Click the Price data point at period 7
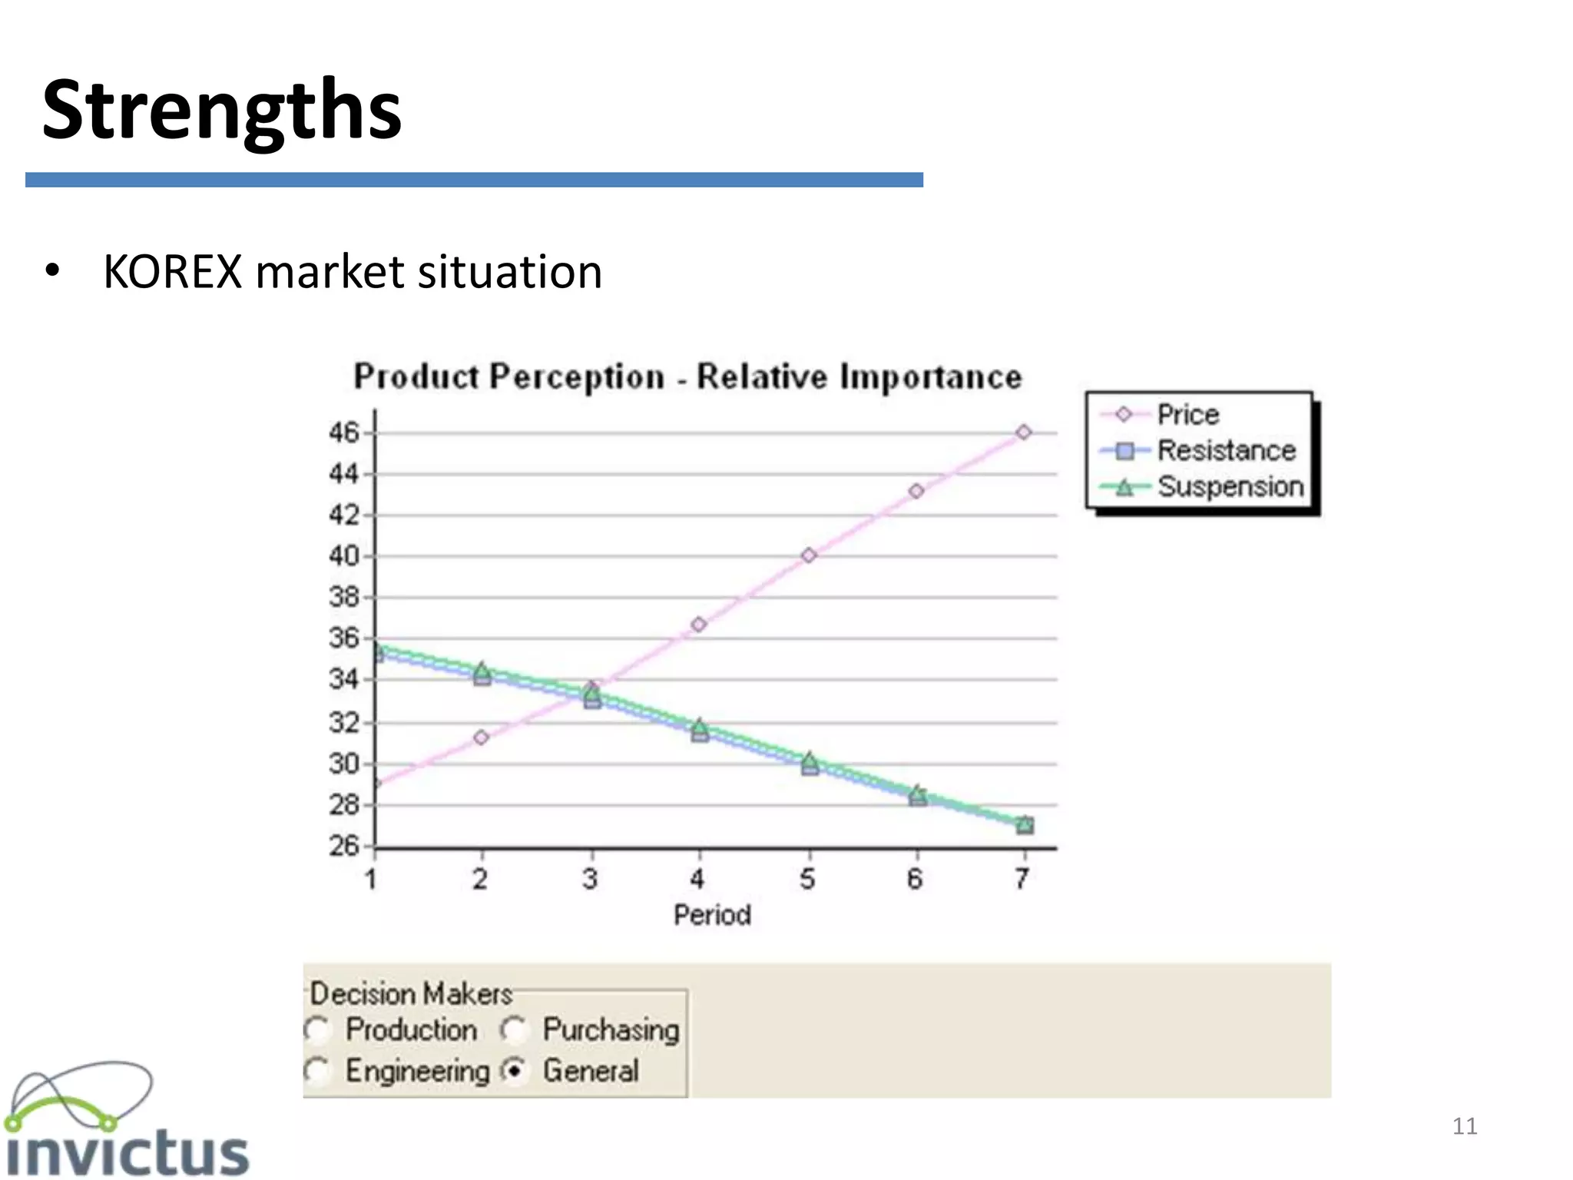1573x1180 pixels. coord(1023,433)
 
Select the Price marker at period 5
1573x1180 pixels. coord(808,555)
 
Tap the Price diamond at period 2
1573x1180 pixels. coord(481,737)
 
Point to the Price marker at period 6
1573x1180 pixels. coord(916,491)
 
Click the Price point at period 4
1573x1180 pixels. coord(698,625)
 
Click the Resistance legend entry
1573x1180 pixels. coord(1226,450)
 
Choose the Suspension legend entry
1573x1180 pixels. coord(1230,486)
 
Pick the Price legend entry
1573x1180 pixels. coord(1187,415)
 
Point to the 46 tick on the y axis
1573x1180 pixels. coord(343,433)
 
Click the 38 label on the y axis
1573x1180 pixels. coord(343,597)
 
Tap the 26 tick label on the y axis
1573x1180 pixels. coord(343,846)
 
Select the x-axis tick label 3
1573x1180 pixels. coord(590,879)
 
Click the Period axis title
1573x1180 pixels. coord(712,915)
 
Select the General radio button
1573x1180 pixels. coord(514,1071)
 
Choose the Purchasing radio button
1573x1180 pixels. coord(514,1029)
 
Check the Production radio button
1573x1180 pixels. coord(316,1029)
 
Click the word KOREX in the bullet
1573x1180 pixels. coord(172,272)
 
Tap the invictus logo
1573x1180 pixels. coord(127,1122)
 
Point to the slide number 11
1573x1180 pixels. coord(1465,1126)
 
